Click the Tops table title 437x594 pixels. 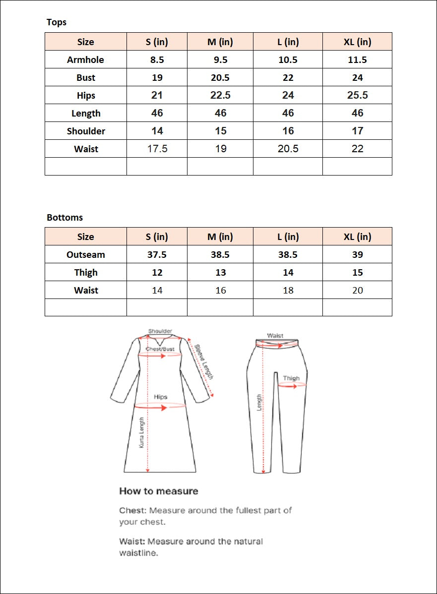(x=57, y=22)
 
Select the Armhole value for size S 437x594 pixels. (x=157, y=60)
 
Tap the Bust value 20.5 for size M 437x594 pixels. (x=220, y=78)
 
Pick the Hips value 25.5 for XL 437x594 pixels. (x=357, y=95)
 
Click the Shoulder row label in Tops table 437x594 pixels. (x=86, y=131)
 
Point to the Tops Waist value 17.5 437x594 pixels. (x=157, y=149)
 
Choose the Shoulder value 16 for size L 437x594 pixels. (x=288, y=131)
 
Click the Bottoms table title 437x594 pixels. (x=65, y=218)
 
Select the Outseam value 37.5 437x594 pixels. (x=157, y=255)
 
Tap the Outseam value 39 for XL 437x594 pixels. (x=357, y=255)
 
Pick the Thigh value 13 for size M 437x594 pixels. (x=220, y=273)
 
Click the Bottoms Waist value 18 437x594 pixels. (x=288, y=291)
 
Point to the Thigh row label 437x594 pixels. (x=86, y=273)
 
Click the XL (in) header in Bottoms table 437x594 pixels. (x=357, y=237)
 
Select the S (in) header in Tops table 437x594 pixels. (x=157, y=42)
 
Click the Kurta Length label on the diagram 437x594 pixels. (x=141, y=433)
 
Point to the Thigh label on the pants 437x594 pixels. (x=291, y=378)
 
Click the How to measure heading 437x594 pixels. (x=159, y=491)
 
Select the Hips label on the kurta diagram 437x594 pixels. (x=161, y=397)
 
